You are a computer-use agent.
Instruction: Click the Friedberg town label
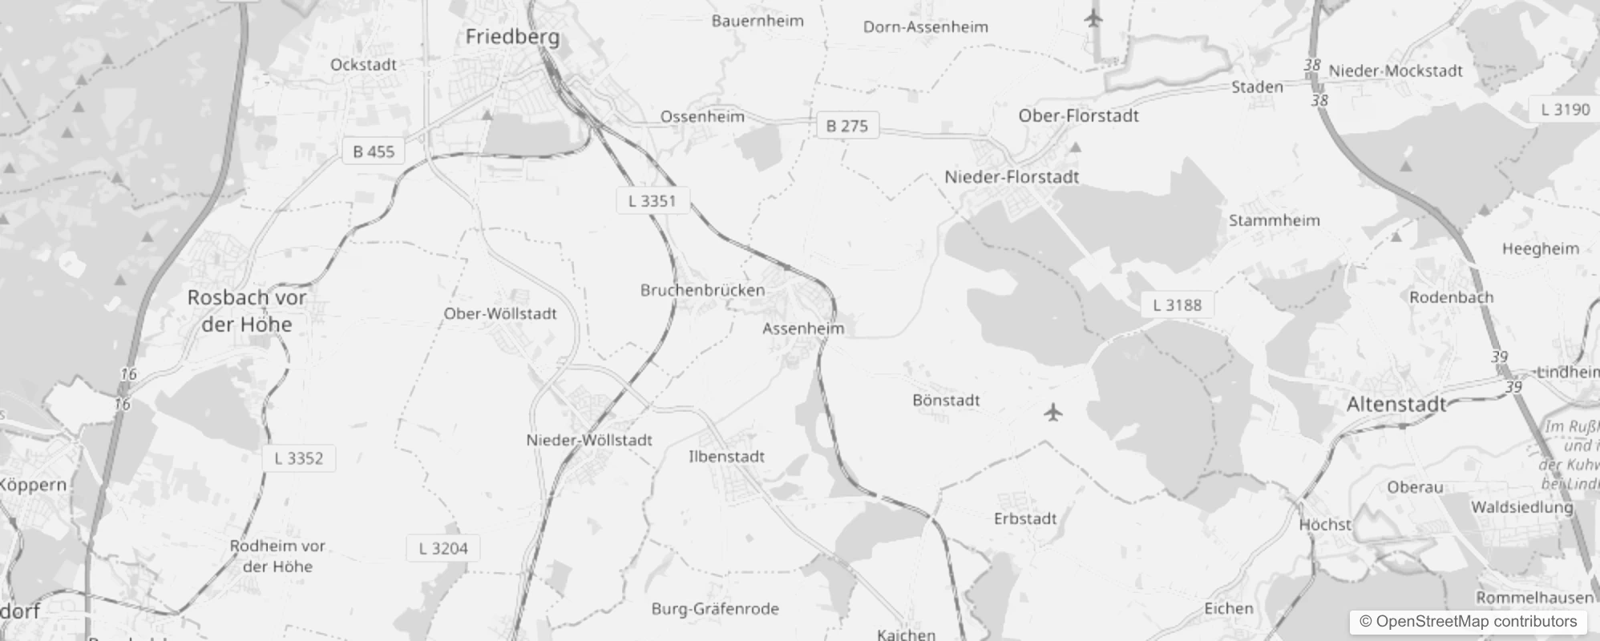click(x=512, y=37)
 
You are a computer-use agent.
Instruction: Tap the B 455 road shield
click(x=374, y=151)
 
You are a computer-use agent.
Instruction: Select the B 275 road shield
click(x=846, y=126)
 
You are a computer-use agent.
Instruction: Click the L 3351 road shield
click(x=652, y=201)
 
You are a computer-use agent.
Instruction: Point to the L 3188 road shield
click(x=1177, y=305)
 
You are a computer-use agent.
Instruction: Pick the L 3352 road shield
click(x=298, y=458)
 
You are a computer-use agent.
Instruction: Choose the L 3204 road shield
click(x=443, y=549)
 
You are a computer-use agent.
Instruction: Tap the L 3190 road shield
click(x=1565, y=110)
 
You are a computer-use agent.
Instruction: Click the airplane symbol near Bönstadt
click(x=1053, y=413)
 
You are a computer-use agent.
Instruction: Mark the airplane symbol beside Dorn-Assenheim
click(x=1093, y=18)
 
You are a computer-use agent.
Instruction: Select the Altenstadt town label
click(x=1396, y=405)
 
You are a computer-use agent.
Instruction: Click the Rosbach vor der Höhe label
click(x=247, y=311)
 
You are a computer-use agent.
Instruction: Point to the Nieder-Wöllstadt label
click(x=589, y=440)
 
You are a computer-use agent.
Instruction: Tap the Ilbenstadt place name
click(x=726, y=457)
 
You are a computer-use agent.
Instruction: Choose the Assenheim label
click(x=803, y=329)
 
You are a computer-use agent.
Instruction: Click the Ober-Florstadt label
click(x=1078, y=116)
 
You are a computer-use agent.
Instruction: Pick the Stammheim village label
click(x=1274, y=220)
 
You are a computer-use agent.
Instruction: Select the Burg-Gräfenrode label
click(x=715, y=609)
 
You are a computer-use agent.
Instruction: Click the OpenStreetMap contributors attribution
click(x=1468, y=622)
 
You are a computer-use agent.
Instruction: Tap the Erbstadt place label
click(x=1025, y=519)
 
